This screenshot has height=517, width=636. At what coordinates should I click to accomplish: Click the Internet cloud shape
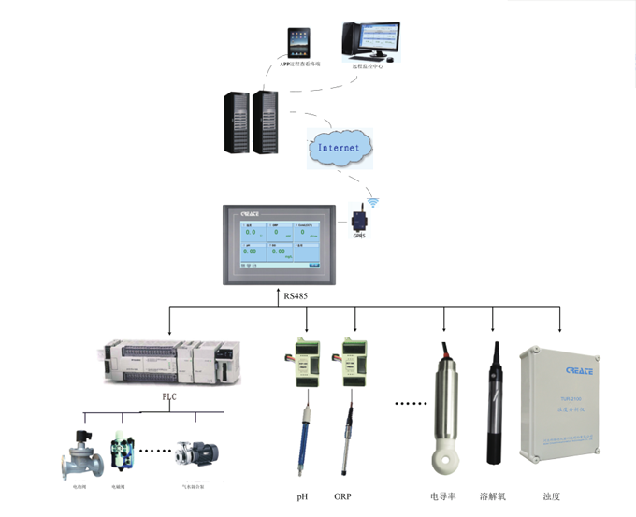tap(338, 147)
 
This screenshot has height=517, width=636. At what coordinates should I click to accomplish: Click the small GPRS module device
tap(359, 222)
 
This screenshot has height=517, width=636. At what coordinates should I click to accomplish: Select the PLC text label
tap(170, 395)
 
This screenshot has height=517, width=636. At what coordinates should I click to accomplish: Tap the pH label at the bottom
tap(301, 496)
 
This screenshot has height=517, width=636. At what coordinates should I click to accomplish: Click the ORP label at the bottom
tap(343, 496)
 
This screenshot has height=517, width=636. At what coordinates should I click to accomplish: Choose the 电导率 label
tap(442, 496)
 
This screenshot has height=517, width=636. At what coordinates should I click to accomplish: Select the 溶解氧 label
tap(493, 496)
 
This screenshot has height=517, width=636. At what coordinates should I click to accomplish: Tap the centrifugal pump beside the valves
tap(198, 453)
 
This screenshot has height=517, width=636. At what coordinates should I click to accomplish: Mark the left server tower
tap(237, 122)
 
